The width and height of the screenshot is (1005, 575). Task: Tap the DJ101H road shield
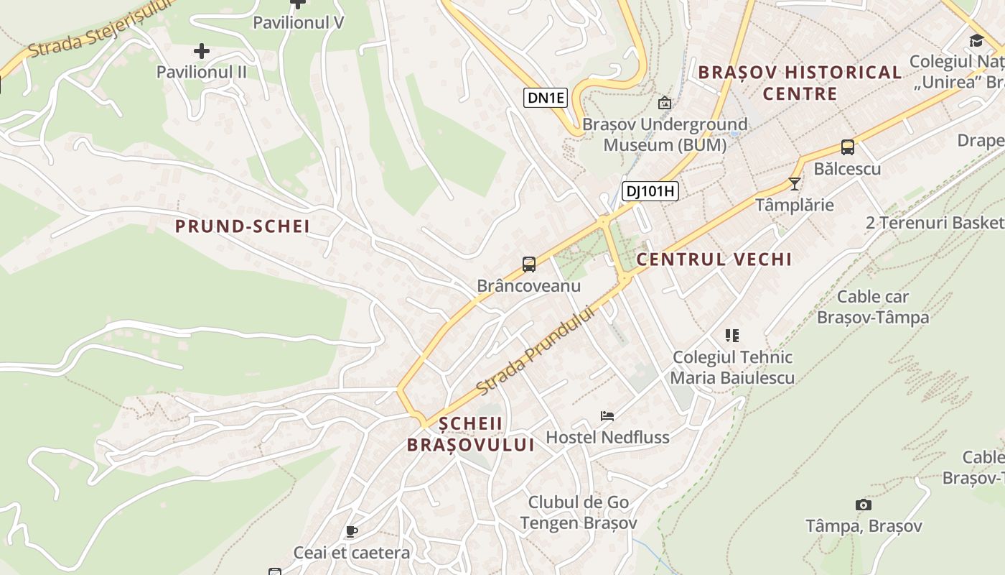[650, 190]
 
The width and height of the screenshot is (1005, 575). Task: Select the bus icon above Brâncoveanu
[529, 264]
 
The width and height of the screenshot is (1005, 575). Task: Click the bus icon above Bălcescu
[847, 147]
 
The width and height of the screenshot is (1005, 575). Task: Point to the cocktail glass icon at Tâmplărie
[794, 183]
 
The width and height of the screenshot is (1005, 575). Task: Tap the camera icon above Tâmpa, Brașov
[864, 505]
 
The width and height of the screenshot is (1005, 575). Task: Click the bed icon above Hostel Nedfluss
[607, 415]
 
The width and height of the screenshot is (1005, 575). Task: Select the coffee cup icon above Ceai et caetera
[351, 531]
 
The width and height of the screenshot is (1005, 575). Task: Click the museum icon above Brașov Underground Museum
[665, 103]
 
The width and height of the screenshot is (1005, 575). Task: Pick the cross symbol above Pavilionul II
[202, 51]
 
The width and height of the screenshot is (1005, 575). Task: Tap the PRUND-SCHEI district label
[243, 226]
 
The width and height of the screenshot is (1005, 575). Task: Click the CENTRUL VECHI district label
[714, 259]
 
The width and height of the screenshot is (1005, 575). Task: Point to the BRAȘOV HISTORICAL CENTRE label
[800, 83]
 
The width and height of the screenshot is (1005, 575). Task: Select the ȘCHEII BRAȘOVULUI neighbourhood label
[471, 434]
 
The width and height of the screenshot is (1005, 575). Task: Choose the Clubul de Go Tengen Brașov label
[579, 512]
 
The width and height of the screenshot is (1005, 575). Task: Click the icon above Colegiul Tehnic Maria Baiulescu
[731, 335]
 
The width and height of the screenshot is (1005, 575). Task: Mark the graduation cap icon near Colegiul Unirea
[976, 40]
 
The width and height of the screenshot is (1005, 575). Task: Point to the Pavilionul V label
[299, 22]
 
